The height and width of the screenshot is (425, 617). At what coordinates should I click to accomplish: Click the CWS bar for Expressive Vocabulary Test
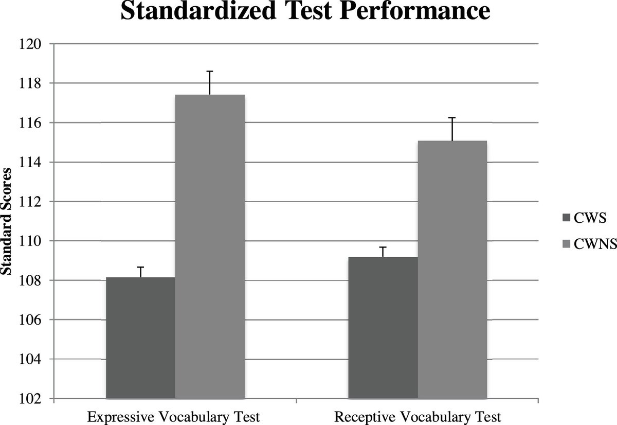pyautogui.click(x=141, y=338)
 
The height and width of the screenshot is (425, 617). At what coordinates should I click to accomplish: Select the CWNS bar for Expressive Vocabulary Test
pyautogui.click(x=210, y=246)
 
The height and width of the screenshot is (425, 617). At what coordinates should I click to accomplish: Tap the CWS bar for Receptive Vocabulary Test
pyautogui.click(x=383, y=328)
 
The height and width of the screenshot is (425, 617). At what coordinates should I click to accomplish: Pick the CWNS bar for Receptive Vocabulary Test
pyautogui.click(x=452, y=270)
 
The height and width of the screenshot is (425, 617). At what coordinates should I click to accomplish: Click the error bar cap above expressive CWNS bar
pyautogui.click(x=210, y=72)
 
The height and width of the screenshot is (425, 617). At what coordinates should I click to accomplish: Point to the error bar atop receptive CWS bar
pyautogui.click(x=383, y=252)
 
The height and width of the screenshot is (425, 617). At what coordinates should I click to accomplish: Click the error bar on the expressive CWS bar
pyautogui.click(x=141, y=272)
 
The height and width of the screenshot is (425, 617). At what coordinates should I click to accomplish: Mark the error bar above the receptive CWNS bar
pyautogui.click(x=452, y=129)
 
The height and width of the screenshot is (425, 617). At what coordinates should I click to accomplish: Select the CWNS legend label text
pyautogui.click(x=595, y=244)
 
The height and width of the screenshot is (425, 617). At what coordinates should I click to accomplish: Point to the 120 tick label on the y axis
pyautogui.click(x=30, y=44)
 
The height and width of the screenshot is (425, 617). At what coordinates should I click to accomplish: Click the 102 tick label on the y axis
pyautogui.click(x=30, y=399)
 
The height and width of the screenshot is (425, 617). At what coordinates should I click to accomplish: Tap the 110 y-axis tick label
pyautogui.click(x=30, y=241)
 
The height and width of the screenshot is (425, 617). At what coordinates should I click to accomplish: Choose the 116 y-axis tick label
pyautogui.click(x=30, y=123)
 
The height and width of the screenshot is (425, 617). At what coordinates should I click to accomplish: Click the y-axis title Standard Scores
pyautogui.click(x=6, y=221)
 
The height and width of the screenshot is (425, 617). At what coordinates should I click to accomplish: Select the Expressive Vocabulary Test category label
pyautogui.click(x=174, y=417)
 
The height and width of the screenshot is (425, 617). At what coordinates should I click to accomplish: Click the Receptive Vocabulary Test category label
pyautogui.click(x=418, y=417)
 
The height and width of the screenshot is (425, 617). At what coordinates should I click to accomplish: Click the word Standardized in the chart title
pyautogui.click(x=198, y=10)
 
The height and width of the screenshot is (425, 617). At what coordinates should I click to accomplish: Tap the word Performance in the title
pyautogui.click(x=415, y=10)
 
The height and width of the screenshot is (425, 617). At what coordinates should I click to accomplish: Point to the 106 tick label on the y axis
pyautogui.click(x=30, y=320)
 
